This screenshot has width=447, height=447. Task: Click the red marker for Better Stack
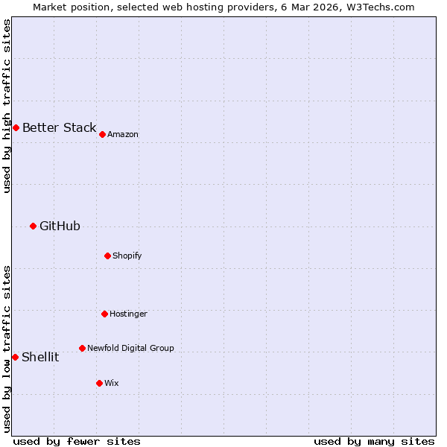click(x=16, y=127)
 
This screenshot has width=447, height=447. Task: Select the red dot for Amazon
click(x=102, y=134)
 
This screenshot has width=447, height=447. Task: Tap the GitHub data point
click(x=33, y=226)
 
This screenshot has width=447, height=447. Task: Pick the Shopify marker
click(x=107, y=256)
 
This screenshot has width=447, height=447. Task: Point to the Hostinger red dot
click(x=104, y=314)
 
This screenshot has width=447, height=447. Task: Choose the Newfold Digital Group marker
click(x=82, y=348)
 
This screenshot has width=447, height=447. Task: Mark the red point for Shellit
click(x=15, y=357)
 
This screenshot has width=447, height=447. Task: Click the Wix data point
click(x=99, y=383)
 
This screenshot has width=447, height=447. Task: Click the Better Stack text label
click(x=59, y=127)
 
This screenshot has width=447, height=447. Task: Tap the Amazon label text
click(x=123, y=134)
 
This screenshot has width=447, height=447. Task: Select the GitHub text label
click(x=60, y=226)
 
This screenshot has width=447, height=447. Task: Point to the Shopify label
click(x=127, y=256)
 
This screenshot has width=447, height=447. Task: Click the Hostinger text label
click(x=128, y=314)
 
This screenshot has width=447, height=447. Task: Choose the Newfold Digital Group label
click(x=130, y=348)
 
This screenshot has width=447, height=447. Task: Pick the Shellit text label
click(x=40, y=357)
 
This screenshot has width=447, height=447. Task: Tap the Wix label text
click(x=112, y=383)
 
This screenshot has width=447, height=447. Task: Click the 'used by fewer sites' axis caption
click(x=77, y=441)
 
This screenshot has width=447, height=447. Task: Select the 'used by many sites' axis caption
click(x=374, y=441)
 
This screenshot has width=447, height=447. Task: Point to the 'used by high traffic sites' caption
click(x=7, y=106)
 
